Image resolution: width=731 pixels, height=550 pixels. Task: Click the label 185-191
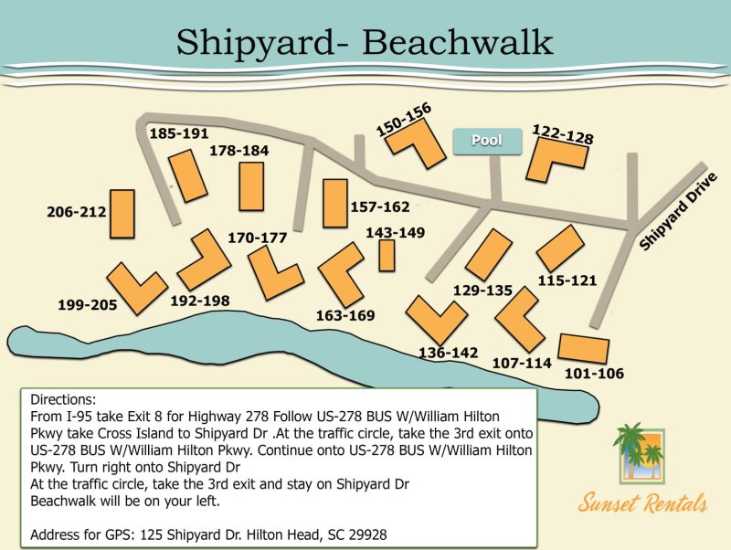coord(179,133)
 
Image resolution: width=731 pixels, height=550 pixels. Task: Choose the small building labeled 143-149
coord(387,255)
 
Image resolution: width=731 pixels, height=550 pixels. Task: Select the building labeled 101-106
coord(582,348)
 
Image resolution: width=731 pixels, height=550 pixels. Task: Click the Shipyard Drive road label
coord(674,212)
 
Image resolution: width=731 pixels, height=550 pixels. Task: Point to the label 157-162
coord(380,206)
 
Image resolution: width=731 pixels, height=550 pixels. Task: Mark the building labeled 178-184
coord(251,186)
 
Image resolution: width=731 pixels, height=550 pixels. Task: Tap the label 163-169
coord(346,315)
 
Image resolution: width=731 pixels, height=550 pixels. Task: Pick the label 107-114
coord(522,363)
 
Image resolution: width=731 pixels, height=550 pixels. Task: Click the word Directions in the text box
coord(62,401)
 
